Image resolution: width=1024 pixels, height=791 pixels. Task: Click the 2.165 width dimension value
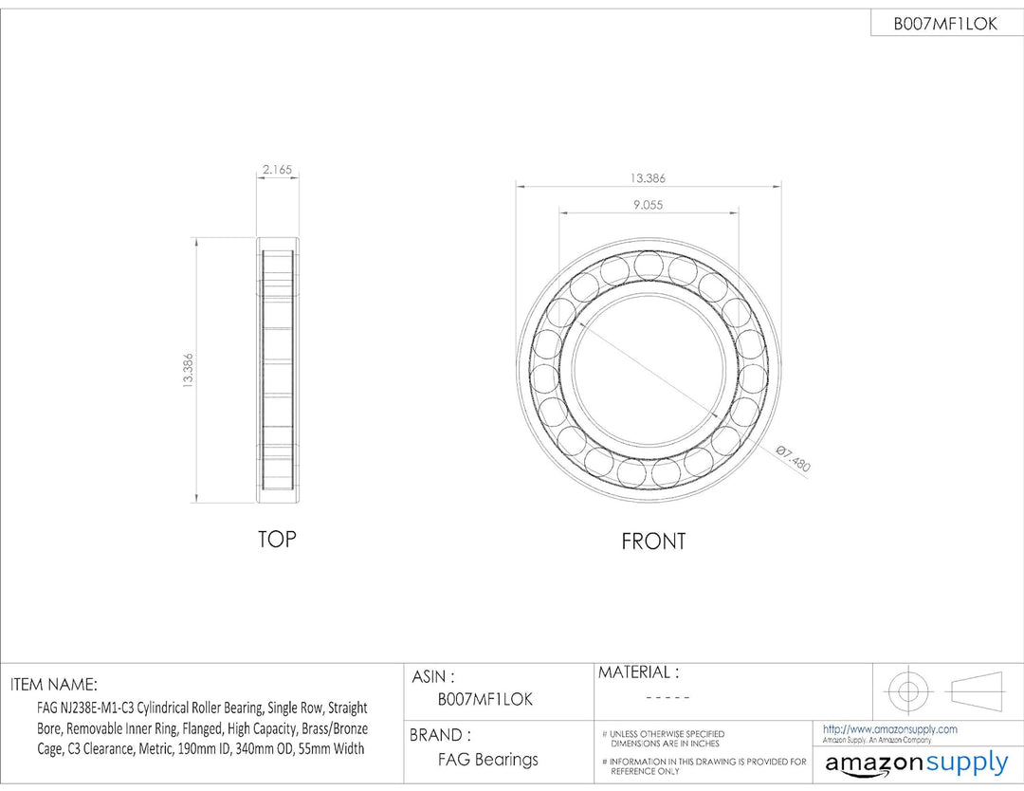pyautogui.click(x=277, y=169)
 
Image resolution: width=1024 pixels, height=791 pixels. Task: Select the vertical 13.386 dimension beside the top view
pyautogui.click(x=188, y=371)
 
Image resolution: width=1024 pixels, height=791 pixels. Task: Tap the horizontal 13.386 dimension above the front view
pyautogui.click(x=648, y=177)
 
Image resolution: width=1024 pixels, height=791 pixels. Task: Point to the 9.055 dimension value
pyautogui.click(x=648, y=205)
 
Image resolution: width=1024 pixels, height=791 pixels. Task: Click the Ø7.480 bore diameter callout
pyautogui.click(x=793, y=458)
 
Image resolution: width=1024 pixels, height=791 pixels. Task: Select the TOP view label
pyautogui.click(x=277, y=539)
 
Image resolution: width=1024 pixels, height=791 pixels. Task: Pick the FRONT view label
pyautogui.click(x=653, y=542)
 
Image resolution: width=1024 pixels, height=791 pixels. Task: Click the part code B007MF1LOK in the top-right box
pyautogui.click(x=945, y=24)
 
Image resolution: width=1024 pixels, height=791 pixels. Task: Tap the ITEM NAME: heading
pyautogui.click(x=54, y=685)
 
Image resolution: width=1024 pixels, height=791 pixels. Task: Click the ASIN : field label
pyautogui.click(x=433, y=676)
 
